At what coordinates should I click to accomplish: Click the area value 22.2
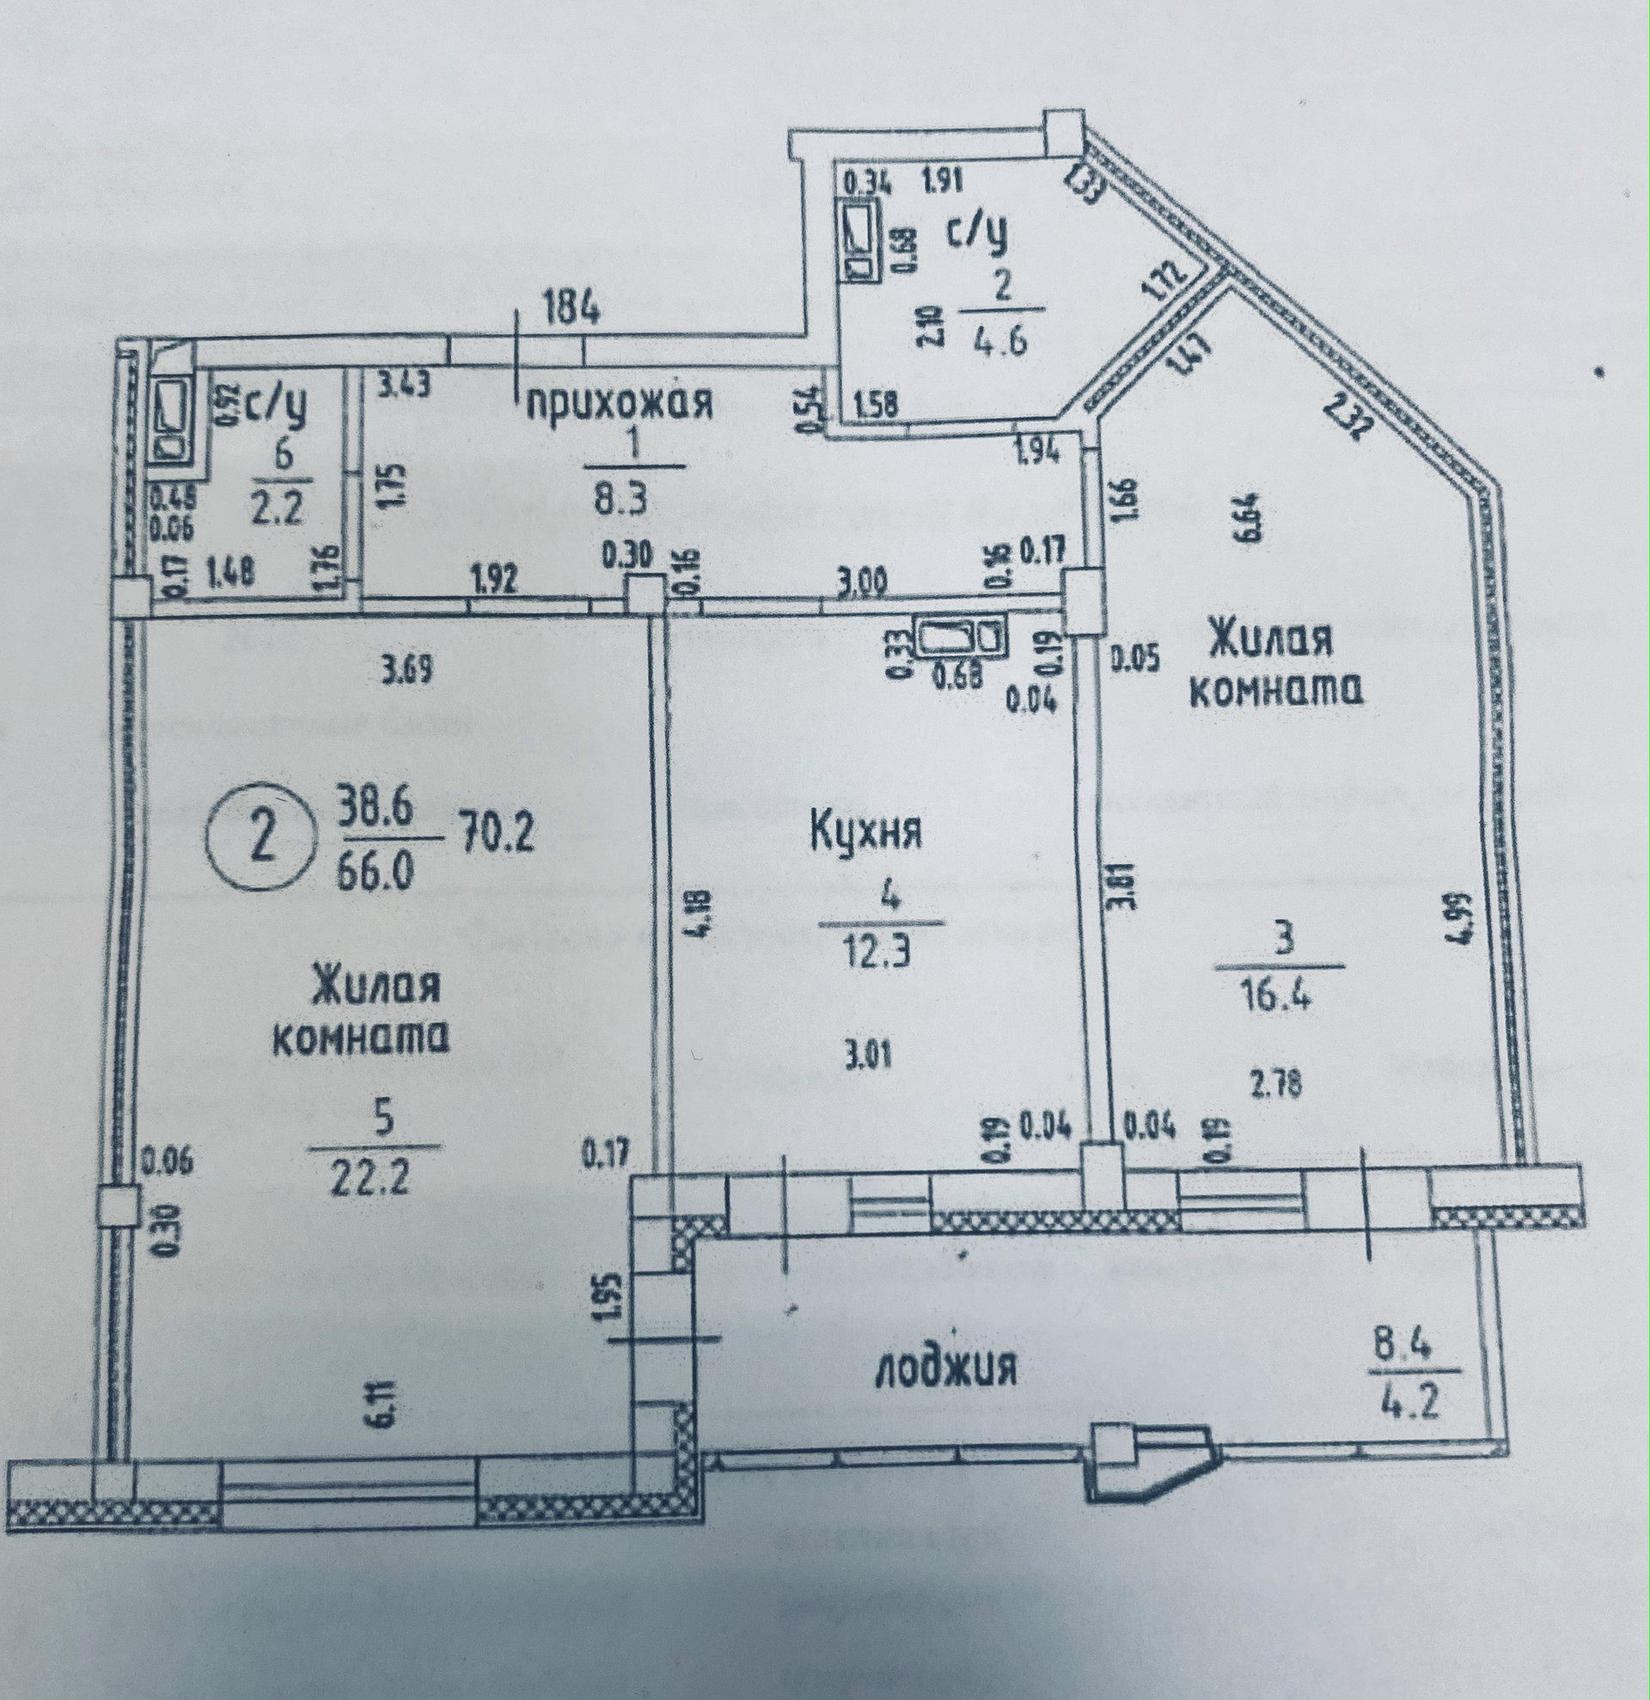(370, 1178)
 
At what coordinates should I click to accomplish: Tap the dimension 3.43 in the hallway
(405, 382)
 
